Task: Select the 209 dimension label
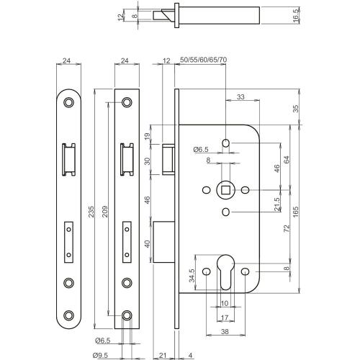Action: click(x=105, y=208)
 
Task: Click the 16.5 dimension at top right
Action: click(x=296, y=17)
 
